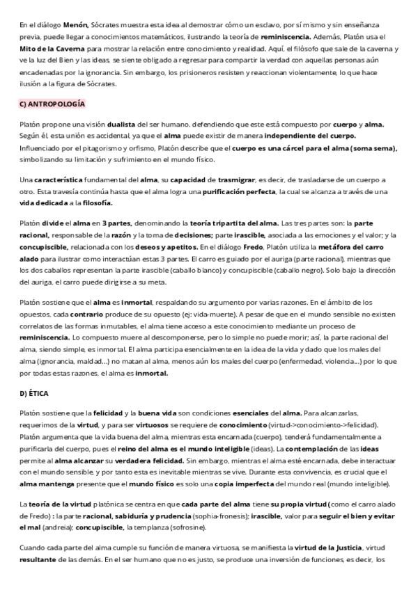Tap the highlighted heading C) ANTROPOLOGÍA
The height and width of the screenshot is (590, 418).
pyautogui.click(x=52, y=104)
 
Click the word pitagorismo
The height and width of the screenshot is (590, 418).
pyautogui.click(x=92, y=147)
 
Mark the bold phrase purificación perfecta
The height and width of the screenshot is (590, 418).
pyautogui.click(x=238, y=191)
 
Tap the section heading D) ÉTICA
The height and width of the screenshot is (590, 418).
pyautogui.click(x=35, y=394)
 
